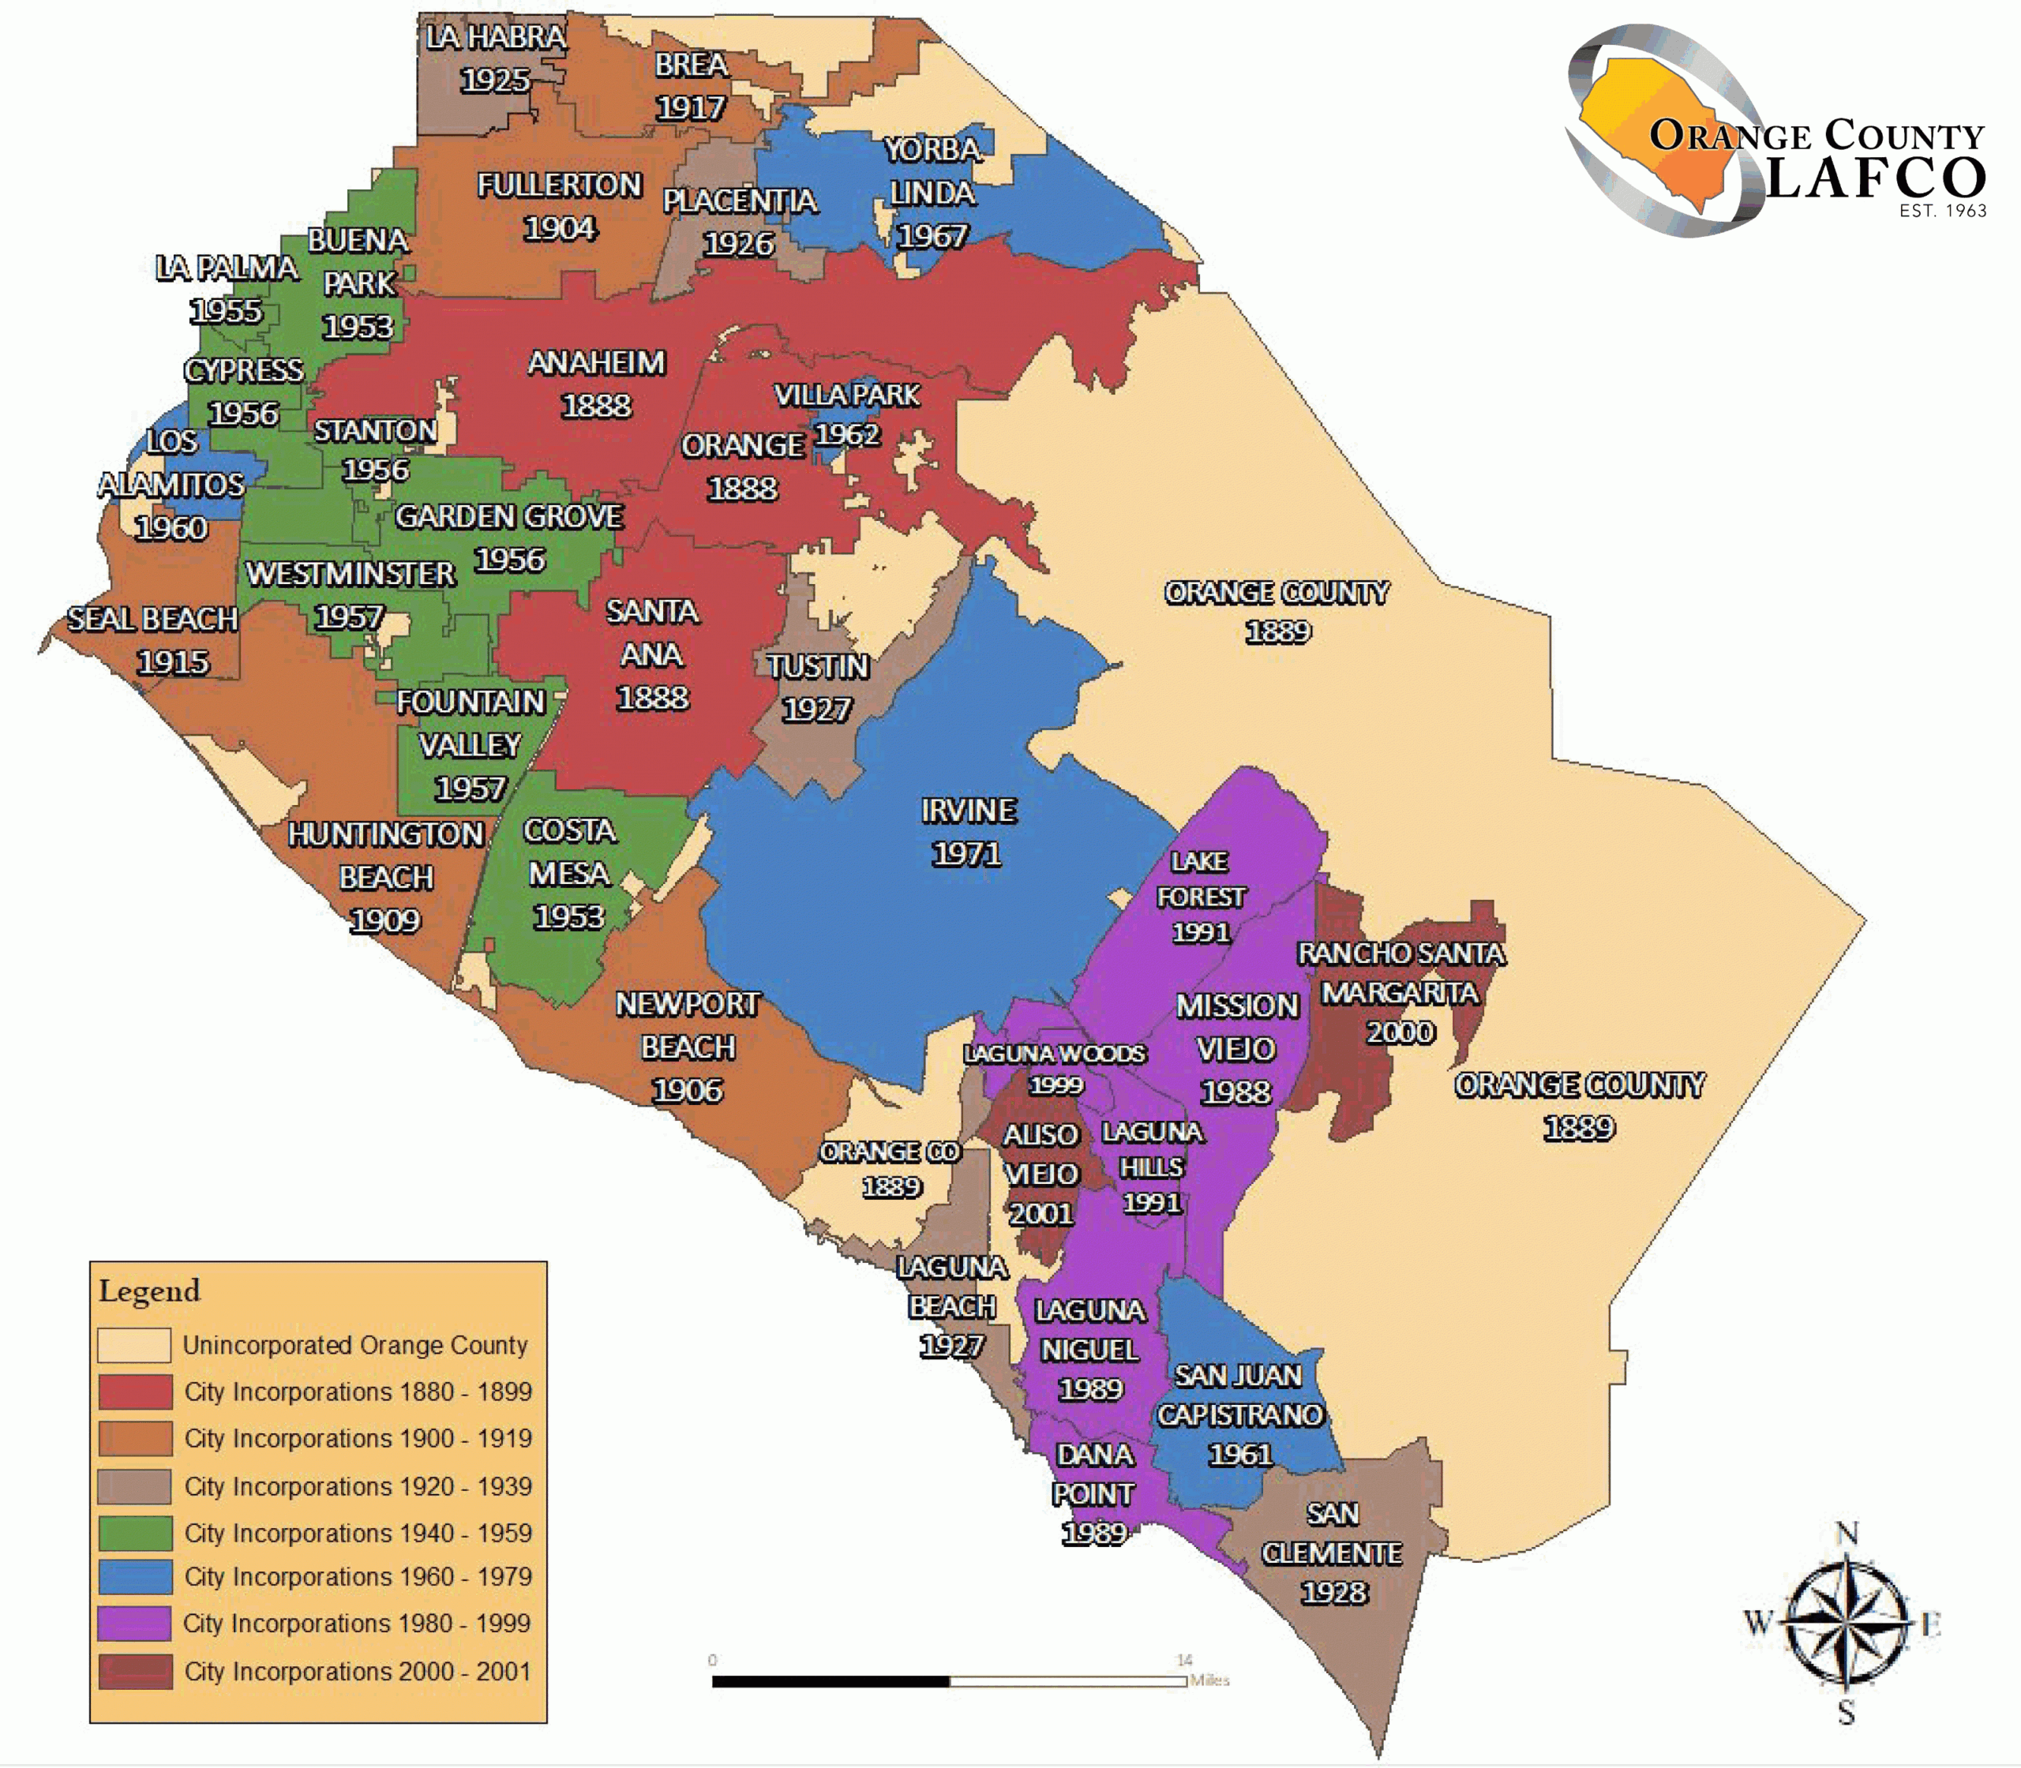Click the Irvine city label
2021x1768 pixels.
click(x=968, y=811)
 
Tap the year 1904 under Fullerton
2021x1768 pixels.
click(x=560, y=229)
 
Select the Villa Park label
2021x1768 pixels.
click(x=846, y=395)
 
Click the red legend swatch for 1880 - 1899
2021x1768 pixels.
click(x=135, y=1392)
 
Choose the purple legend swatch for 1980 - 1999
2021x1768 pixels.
click(x=135, y=1623)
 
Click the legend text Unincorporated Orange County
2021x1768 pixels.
click(x=354, y=1346)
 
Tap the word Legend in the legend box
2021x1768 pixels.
click(x=149, y=1291)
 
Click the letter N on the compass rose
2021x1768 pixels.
click(x=1847, y=1534)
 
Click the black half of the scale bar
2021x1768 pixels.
click(x=830, y=1681)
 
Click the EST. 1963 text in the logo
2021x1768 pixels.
click(x=1942, y=210)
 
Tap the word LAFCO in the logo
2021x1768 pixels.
click(x=1875, y=178)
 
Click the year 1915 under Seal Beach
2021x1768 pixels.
click(x=173, y=662)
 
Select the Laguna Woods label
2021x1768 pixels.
click(x=1054, y=1054)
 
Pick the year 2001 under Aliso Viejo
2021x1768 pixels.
click(x=1040, y=1214)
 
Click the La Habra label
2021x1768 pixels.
click(x=496, y=38)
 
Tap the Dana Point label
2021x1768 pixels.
click(x=1093, y=1474)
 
